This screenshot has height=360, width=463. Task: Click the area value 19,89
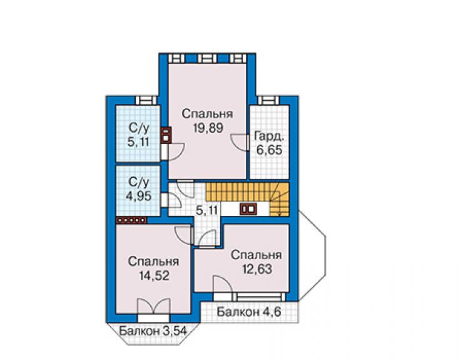coord(208,128)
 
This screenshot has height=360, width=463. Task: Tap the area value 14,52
coord(155,275)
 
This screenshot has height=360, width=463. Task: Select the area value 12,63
coord(257,269)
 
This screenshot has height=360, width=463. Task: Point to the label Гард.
coord(270,137)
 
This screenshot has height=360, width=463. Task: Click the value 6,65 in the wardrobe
coord(269,150)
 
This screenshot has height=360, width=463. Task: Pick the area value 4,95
coord(138,196)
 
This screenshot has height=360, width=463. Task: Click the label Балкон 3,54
coord(153,331)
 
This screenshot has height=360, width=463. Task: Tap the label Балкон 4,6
coord(248,312)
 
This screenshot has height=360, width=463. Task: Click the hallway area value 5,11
coord(207,210)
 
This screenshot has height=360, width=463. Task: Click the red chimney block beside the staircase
coord(248,209)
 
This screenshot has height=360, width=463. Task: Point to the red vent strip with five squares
coord(131,220)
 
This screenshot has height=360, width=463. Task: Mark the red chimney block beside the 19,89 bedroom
coord(166,135)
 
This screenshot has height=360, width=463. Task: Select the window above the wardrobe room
coord(268,100)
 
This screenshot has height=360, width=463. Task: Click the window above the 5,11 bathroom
coord(146,100)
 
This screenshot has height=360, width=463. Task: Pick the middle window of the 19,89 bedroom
coord(207,58)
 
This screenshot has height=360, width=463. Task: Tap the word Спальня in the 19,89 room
coord(208,114)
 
